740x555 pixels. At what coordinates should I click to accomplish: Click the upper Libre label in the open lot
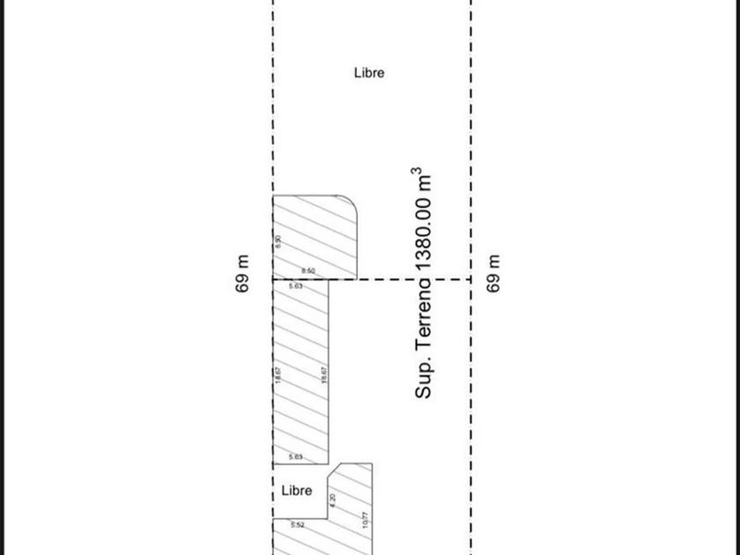(369, 73)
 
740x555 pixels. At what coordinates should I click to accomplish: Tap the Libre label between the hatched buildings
(297, 491)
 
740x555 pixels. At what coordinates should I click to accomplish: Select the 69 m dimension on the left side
(244, 273)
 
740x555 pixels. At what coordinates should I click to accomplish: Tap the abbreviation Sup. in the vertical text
(424, 379)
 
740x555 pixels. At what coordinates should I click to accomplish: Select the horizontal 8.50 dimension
(308, 271)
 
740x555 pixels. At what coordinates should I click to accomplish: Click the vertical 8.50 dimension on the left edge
(278, 240)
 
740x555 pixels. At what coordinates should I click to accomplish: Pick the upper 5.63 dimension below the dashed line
(296, 286)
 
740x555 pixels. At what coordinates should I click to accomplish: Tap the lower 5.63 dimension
(296, 457)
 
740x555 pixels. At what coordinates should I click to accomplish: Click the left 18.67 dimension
(278, 374)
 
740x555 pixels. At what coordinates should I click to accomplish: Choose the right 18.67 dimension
(324, 374)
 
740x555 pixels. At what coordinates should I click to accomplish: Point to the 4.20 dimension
(332, 499)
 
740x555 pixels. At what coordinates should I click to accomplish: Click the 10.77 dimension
(366, 520)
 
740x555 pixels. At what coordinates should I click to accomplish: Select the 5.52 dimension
(298, 525)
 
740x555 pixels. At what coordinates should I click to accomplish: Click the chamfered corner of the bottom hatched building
(335, 471)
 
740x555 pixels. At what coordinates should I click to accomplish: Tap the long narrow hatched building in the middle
(301, 370)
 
